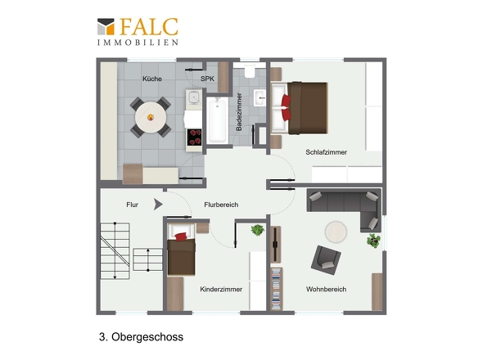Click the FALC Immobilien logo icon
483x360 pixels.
[106, 26]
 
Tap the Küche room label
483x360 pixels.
[152, 79]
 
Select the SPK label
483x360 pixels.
[207, 79]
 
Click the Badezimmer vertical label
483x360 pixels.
[239, 112]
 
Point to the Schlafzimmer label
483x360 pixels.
[326, 152]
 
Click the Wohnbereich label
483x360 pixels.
[326, 289]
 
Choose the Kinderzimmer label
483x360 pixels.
[221, 289]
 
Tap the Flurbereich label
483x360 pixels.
[221, 205]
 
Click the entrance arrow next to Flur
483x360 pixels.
[158, 205]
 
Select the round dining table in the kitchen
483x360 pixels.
[151, 117]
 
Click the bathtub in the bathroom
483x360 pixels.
[218, 121]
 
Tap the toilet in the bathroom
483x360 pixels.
[250, 71]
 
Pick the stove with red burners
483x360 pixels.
[194, 137]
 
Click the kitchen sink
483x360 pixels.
[194, 97]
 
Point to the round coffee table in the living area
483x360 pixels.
[336, 232]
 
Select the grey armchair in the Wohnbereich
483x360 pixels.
[326, 260]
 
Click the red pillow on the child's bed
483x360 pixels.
[181, 236]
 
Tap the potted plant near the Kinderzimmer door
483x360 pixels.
[258, 230]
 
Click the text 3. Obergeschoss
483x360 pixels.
[141, 337]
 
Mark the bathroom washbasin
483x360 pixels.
[260, 98]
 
